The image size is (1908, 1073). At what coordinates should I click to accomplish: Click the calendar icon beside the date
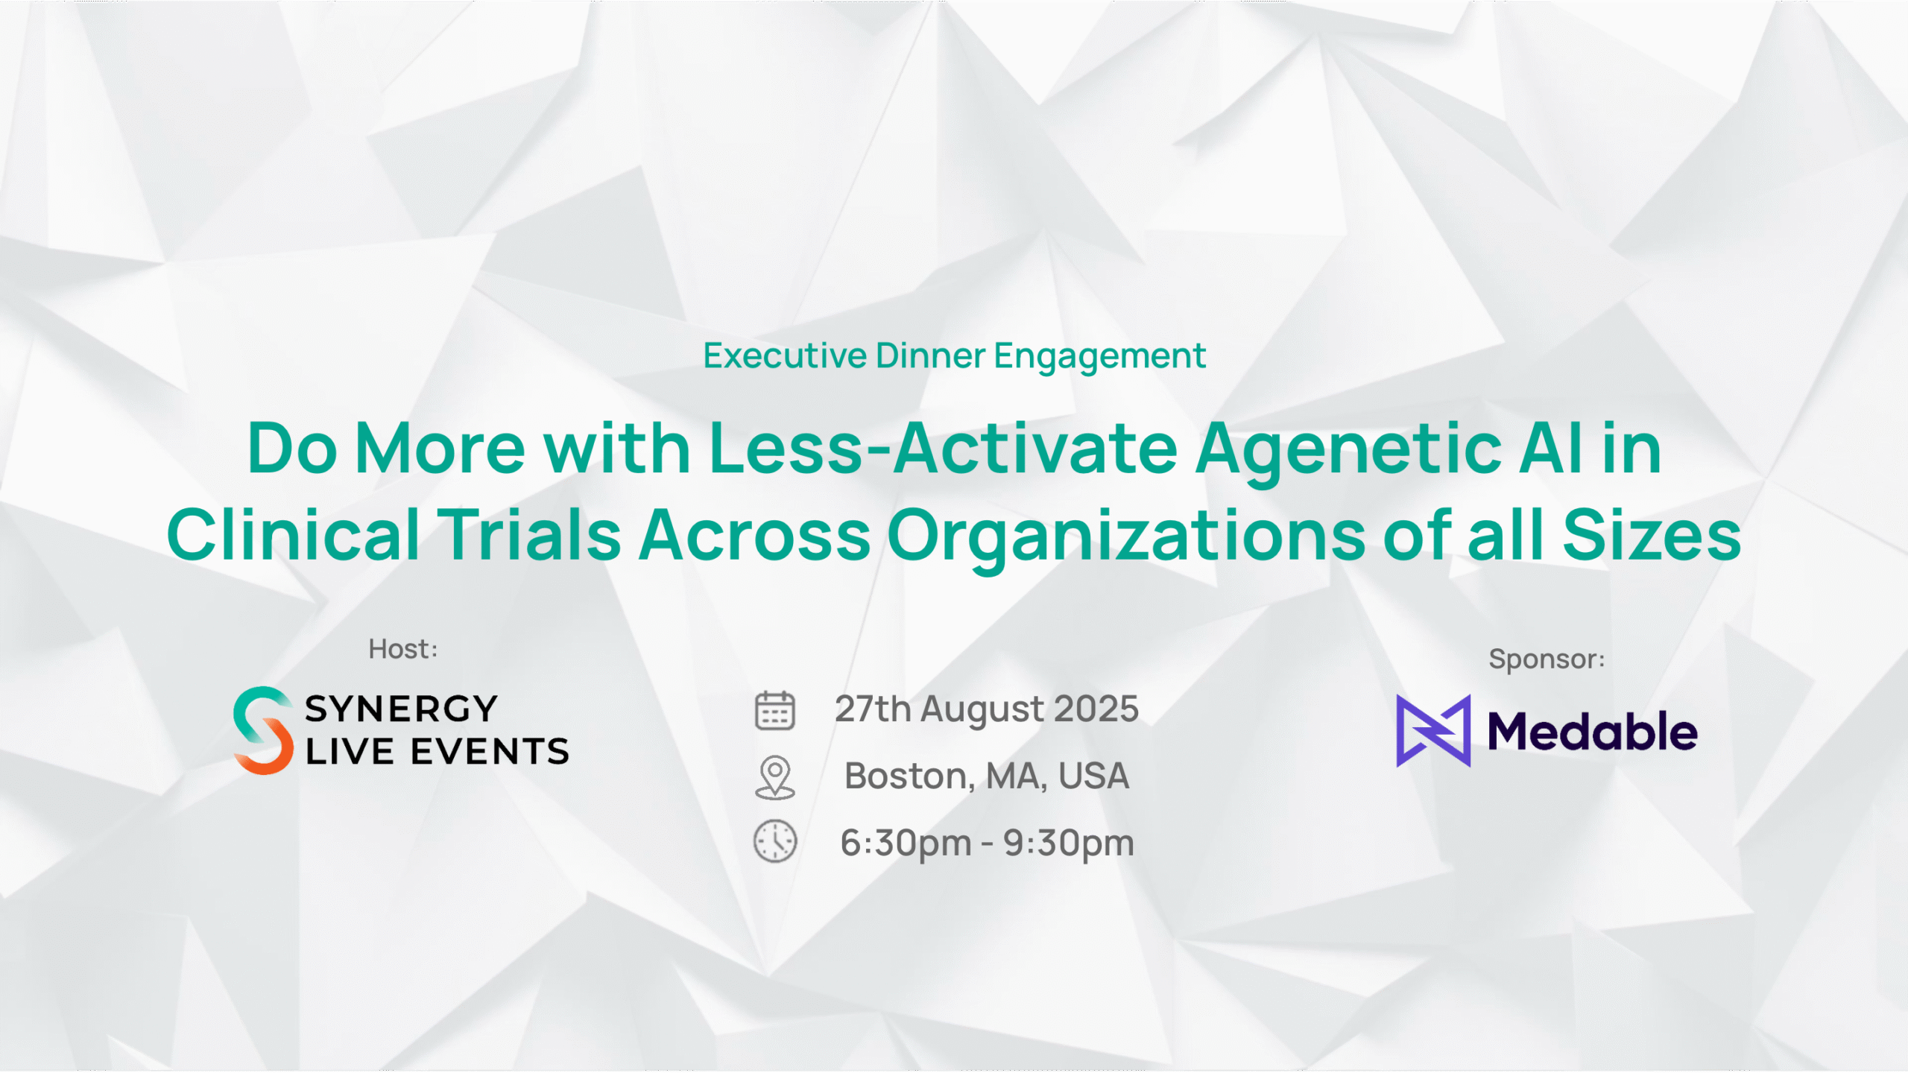coord(775,710)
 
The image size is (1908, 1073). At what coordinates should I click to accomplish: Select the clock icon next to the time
coord(775,842)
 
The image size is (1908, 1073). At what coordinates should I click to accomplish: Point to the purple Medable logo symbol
coord(1433,731)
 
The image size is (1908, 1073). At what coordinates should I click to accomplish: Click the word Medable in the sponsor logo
coord(1593,732)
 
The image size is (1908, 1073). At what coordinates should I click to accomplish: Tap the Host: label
coord(403,649)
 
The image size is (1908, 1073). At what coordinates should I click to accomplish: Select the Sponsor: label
coord(1547,659)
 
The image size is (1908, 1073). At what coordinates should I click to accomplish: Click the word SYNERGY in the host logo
coord(401,709)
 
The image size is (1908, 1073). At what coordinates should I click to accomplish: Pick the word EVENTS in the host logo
coord(490,751)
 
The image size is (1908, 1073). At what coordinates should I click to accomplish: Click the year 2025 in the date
coord(1096,709)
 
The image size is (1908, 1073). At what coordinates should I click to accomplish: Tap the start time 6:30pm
coord(906,843)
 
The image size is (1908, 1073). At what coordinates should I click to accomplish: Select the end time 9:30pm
coord(1068,843)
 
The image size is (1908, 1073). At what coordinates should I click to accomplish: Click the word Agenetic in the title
coord(1349,450)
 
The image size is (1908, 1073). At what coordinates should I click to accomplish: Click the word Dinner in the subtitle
coord(931,355)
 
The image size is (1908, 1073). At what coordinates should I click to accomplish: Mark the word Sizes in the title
coord(1652,534)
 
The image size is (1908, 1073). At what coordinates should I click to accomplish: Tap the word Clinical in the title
coord(293,533)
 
